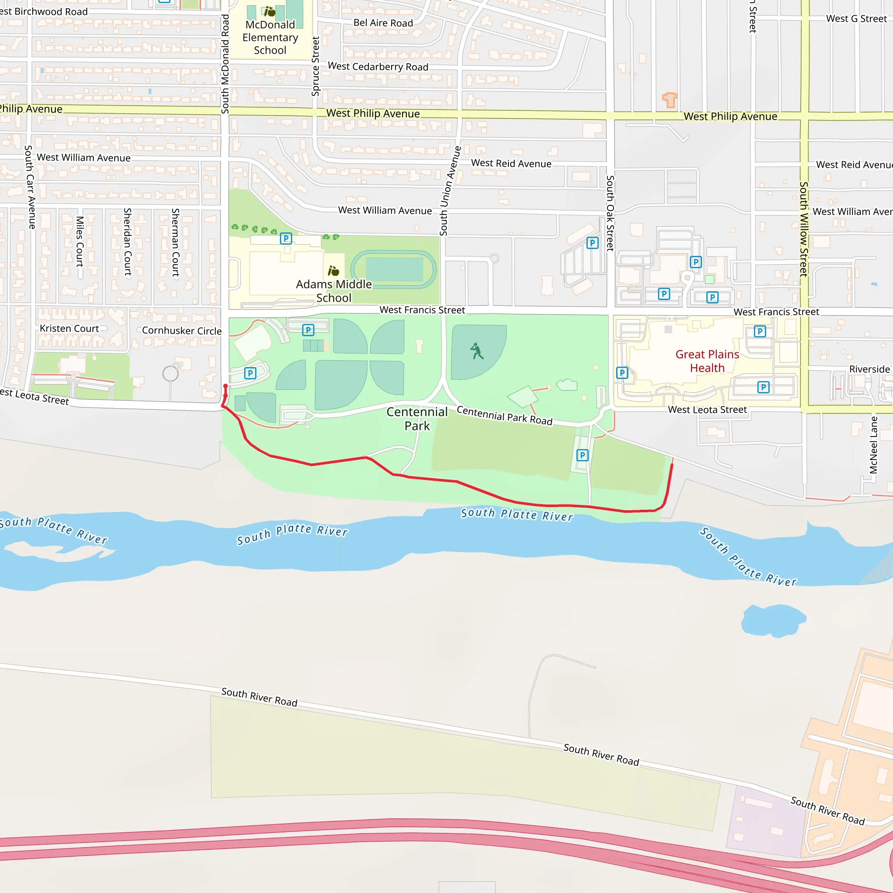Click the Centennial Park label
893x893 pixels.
417,419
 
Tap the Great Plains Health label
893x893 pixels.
707,361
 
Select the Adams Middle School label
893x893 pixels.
334,291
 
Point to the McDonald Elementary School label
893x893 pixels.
270,37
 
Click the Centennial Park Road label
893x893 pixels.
504,415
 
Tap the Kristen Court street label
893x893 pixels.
69,328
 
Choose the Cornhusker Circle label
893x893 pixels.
182,331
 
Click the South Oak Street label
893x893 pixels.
610,213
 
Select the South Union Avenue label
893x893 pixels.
450,191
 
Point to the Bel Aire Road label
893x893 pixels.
383,23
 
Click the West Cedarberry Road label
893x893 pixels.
378,67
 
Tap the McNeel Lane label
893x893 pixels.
873,445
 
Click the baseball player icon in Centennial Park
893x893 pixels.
477,351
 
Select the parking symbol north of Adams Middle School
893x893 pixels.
286,239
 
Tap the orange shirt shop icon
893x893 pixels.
669,99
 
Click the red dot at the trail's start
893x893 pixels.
225,386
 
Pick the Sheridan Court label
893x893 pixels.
128,242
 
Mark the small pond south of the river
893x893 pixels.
773,621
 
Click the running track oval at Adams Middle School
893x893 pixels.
393,269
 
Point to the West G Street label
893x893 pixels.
856,19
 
